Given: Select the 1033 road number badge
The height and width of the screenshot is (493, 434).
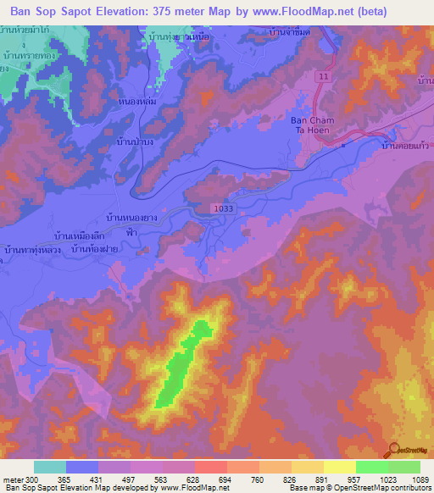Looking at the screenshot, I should click(223, 208).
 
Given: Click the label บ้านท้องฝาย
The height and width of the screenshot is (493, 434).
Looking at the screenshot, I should click(94, 249).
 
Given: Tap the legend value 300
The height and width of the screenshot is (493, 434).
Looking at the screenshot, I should click(27, 479).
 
